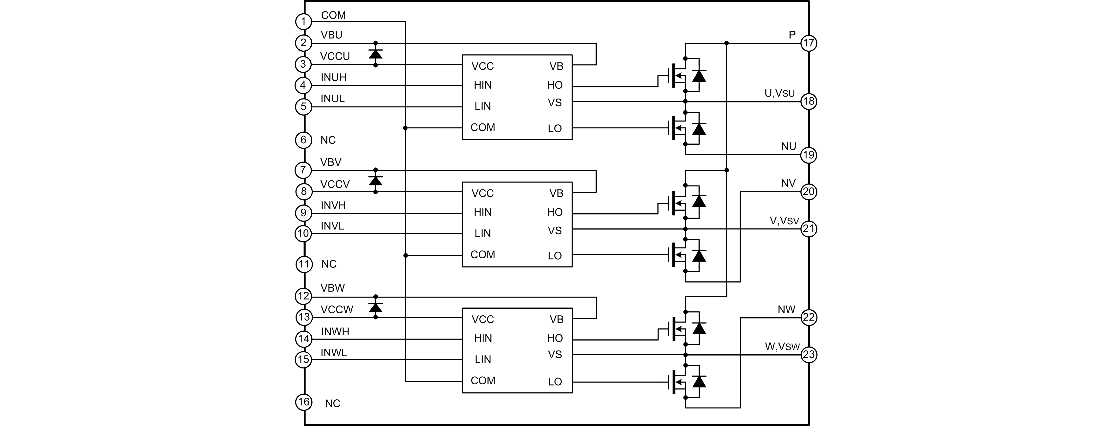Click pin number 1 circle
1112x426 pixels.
303,21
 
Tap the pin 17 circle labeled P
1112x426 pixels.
809,43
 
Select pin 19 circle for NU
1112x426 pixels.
809,155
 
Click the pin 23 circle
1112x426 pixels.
809,355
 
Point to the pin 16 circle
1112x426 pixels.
303,402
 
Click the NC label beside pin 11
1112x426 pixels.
329,264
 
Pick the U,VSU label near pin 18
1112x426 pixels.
779,94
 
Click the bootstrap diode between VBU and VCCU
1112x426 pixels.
376,54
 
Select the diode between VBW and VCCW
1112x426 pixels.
376,307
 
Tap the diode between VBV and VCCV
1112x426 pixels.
376,181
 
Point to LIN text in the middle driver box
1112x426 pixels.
483,234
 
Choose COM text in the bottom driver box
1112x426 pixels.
483,381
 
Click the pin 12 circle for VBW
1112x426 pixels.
303,296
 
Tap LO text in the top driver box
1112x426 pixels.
555,129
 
